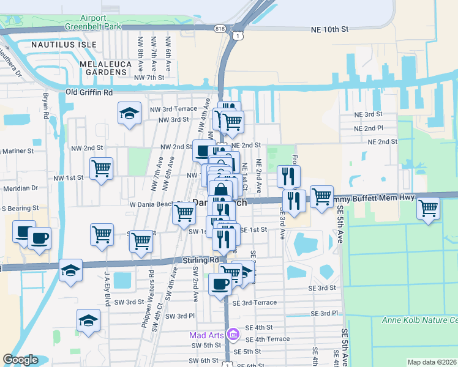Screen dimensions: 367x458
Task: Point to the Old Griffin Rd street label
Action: coord(89,92)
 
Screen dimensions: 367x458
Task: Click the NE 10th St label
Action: coord(329,29)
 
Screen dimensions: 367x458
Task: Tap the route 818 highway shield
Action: coord(220,29)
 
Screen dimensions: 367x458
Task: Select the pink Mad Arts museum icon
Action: coord(232,335)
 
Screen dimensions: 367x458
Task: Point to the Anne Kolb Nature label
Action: coord(419,320)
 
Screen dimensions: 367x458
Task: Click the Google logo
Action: coord(20,360)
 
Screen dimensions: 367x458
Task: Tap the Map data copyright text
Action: coord(432,362)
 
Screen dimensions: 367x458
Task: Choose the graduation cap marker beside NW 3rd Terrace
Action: coord(129,113)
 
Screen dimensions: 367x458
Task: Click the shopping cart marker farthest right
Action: coord(428,208)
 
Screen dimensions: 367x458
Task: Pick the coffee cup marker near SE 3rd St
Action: coord(220,283)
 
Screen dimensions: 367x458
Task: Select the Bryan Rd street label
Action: coord(45,105)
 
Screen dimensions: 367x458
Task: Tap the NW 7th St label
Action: coord(149,78)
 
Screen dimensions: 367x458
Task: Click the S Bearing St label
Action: coord(20,209)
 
